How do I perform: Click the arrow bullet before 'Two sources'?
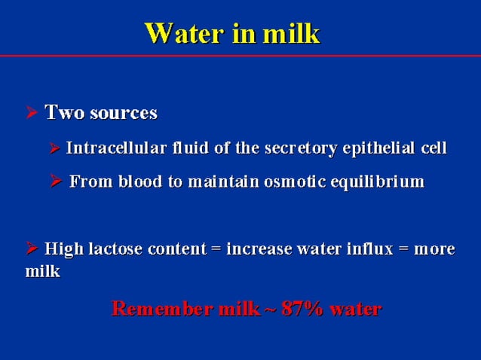tap(32, 114)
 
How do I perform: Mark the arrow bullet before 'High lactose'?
tap(31, 249)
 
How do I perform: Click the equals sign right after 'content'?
tap(216, 249)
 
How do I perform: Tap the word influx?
tap(366, 249)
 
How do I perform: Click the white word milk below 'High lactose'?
tap(42, 272)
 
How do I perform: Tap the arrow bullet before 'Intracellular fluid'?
tap(54, 148)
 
